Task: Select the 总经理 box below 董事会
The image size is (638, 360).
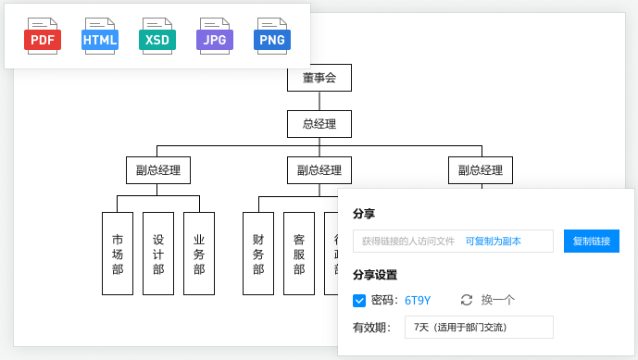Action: [x=319, y=124]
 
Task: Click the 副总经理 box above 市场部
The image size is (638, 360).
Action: [x=158, y=170]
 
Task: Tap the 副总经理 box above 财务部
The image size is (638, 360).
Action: [x=319, y=170]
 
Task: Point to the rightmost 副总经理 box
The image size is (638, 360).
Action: [x=481, y=170]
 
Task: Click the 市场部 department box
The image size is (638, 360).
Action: [x=118, y=254]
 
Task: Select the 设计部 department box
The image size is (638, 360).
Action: [x=158, y=254]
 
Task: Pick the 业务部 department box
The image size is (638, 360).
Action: [x=199, y=254]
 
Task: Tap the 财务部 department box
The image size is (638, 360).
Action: [x=258, y=254]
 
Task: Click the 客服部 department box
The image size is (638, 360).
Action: [x=299, y=254]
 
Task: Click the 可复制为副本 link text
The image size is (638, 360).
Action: [x=493, y=242]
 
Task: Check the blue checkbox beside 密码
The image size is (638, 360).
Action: [x=359, y=300]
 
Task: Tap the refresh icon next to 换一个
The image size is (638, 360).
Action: [x=467, y=300]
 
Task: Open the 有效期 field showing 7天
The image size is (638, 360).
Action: [x=479, y=327]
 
